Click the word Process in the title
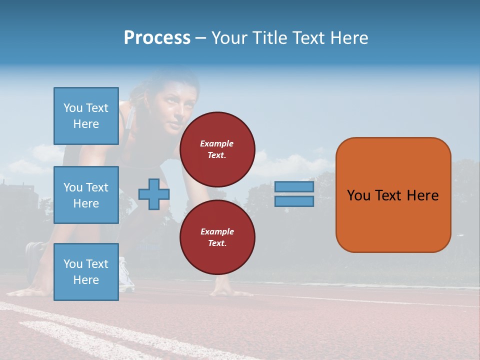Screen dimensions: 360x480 (x=157, y=37)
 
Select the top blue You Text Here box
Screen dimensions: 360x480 (x=86, y=116)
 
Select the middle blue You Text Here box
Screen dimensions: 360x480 (x=86, y=195)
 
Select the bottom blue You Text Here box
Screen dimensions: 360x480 (x=86, y=272)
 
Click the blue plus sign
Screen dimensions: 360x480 (x=154, y=194)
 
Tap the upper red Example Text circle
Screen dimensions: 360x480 (x=217, y=149)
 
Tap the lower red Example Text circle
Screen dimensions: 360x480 (x=217, y=237)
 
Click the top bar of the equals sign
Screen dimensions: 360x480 (x=294, y=187)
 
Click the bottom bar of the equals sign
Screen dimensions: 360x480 (x=294, y=201)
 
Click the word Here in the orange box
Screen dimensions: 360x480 (x=422, y=195)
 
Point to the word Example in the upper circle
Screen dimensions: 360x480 (x=217, y=143)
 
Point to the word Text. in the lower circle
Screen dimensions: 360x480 (x=217, y=243)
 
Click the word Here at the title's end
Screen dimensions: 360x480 (x=348, y=38)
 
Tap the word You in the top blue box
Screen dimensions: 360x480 (x=72, y=108)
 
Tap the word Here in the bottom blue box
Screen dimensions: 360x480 (x=86, y=280)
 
